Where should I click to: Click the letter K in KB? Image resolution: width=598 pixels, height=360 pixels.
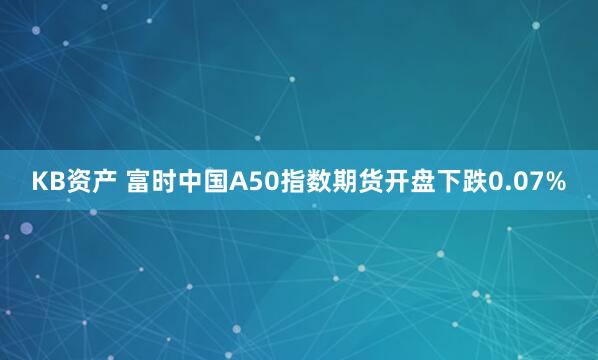coord(40,182)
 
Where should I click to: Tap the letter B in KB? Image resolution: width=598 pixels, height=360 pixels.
coord(56,182)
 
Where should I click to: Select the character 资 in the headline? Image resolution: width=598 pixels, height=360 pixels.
coord(77,182)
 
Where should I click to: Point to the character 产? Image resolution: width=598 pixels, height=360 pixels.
coord(103,182)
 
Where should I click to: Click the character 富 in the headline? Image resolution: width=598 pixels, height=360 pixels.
coord(139,182)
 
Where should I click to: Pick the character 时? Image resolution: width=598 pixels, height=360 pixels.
coord(165,182)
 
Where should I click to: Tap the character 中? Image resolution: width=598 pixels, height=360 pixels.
coord(191,182)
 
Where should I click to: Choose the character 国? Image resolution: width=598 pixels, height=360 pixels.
coord(217,182)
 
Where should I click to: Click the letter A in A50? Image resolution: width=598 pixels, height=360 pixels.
coord(240,182)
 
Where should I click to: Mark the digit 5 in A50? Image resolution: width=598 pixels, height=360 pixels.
coord(256,182)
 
